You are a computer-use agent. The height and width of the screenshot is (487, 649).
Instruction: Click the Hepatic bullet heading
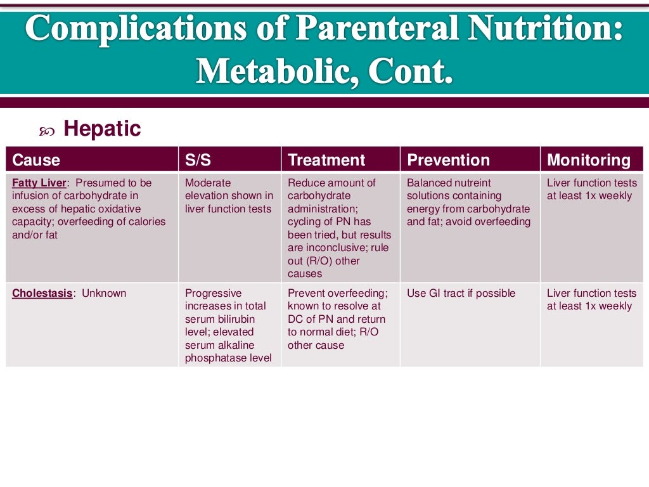[x=102, y=129]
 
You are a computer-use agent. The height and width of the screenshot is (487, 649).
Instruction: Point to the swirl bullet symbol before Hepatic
[x=47, y=131]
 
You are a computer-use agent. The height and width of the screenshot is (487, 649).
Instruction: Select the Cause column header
[x=36, y=160]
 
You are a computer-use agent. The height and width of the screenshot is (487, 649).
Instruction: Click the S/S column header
[x=198, y=160]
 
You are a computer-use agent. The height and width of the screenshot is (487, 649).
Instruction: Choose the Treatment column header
[x=326, y=160]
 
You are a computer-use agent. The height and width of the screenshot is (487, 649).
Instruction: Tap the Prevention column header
[x=448, y=160]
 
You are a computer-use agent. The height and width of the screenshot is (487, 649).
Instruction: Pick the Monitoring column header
[x=589, y=160]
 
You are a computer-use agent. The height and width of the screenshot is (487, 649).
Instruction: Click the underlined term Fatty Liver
[x=39, y=183]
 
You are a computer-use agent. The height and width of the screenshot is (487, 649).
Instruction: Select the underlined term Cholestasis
[x=42, y=293]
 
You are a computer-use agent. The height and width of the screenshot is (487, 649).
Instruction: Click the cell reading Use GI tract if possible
[x=461, y=293]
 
